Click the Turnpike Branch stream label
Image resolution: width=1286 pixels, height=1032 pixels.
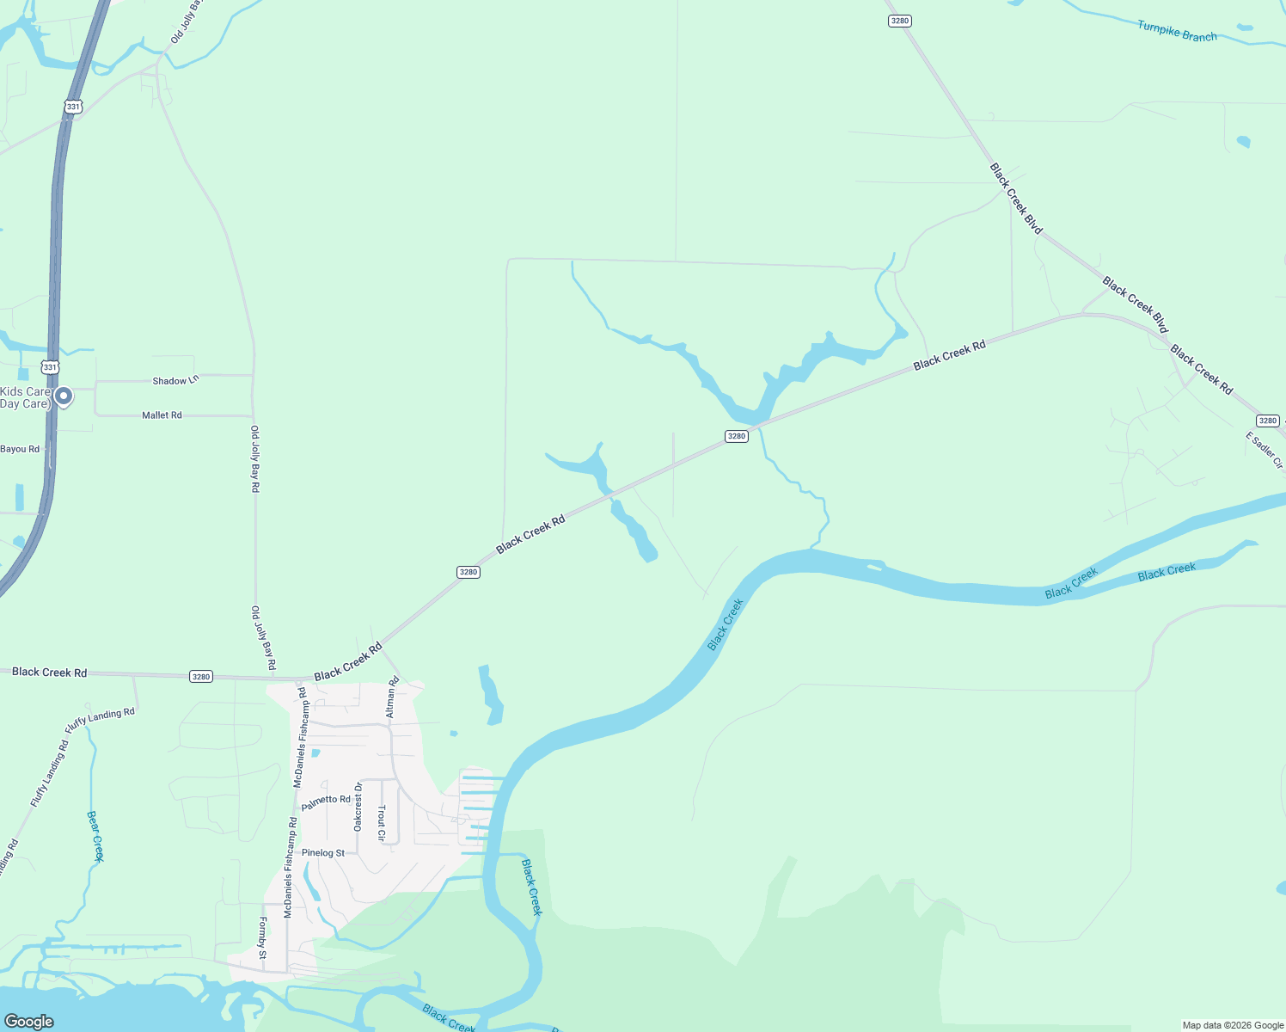coord(1177,31)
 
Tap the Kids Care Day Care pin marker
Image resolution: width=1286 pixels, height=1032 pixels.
coord(64,396)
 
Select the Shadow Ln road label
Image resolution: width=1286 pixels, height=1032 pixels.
coord(175,380)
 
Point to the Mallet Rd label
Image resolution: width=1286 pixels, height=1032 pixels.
coord(162,415)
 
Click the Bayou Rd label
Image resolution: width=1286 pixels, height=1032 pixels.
coord(20,449)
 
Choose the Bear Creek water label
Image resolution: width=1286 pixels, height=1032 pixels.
coord(95,835)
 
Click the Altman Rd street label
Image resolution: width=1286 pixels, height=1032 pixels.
coord(392,697)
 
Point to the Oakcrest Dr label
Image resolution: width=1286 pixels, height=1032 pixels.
coord(358,806)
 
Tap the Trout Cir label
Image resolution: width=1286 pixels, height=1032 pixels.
coord(382,823)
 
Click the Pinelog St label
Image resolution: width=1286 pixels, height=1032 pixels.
coord(323,853)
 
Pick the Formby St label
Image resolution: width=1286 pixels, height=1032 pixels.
coord(263,938)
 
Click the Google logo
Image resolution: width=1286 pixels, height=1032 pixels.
coord(28,1021)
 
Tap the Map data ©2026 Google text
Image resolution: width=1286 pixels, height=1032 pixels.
coord(1233,1025)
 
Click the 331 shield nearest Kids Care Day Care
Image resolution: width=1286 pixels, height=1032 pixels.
coord(51,367)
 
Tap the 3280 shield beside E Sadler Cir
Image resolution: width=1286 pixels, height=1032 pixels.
coord(1268,421)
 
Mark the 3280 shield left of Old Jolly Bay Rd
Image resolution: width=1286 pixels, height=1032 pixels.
coord(201,677)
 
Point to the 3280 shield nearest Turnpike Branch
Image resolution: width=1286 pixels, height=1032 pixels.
coord(899,21)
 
